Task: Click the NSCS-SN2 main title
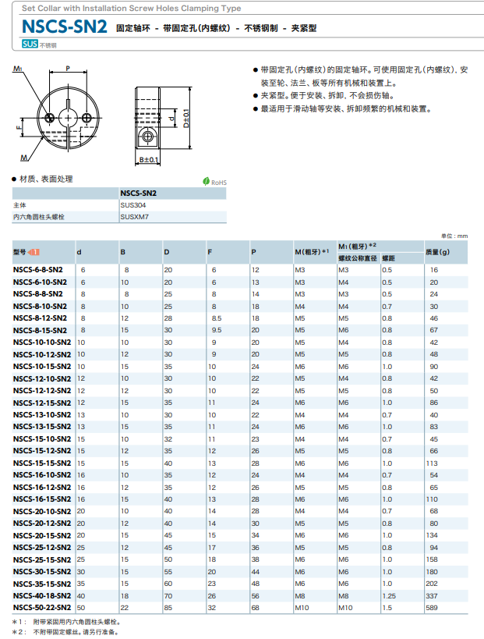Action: point(65,26)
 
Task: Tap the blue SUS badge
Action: point(30,44)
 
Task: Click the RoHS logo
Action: point(214,182)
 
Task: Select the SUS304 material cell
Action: point(134,204)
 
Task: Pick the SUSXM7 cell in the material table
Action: point(136,217)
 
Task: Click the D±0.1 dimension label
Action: point(187,117)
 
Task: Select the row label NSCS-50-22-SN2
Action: point(42,606)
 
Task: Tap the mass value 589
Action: point(434,606)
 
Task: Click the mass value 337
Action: point(434,595)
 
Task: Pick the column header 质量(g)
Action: point(438,251)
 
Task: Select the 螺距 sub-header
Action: point(388,257)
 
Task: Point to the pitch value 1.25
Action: point(389,595)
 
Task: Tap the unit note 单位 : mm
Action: point(454,236)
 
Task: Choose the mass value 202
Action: point(434,582)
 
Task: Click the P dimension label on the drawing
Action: point(67,69)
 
